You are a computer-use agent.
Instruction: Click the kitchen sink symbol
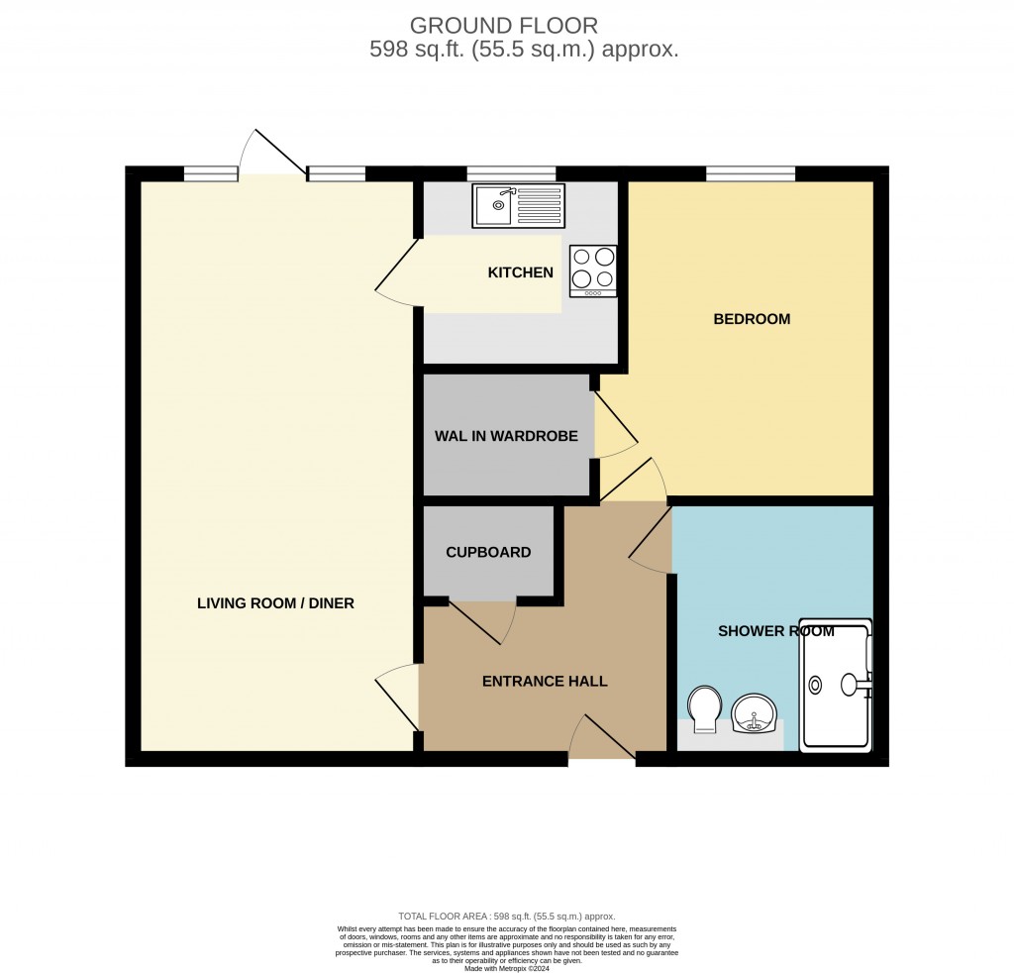point(519,205)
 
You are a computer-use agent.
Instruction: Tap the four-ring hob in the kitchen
point(592,270)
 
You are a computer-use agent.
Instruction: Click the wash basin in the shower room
point(755,713)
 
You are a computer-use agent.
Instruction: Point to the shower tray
point(837,684)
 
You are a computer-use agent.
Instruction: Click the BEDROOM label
point(752,319)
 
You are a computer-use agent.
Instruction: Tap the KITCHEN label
point(520,272)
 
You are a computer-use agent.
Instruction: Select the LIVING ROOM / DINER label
point(275,602)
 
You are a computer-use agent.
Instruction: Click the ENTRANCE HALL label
point(545,682)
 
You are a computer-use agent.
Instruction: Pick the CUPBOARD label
point(488,552)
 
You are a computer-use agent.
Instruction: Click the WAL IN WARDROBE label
point(506,436)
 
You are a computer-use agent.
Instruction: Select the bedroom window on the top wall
point(751,174)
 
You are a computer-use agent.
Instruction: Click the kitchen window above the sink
point(511,174)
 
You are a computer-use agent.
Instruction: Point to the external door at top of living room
point(273,159)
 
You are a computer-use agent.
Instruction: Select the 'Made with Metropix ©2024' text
point(506,967)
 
